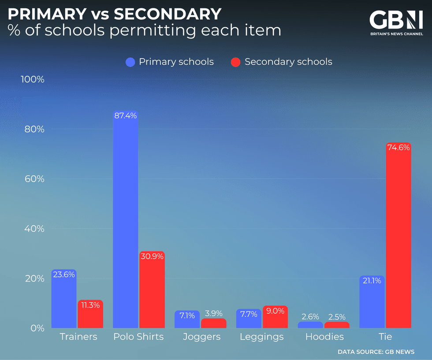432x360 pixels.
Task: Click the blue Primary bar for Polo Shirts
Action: (x=125, y=220)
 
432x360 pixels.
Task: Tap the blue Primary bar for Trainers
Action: (x=63, y=300)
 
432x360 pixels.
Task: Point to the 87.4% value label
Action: (x=125, y=116)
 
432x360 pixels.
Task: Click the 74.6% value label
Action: (x=398, y=148)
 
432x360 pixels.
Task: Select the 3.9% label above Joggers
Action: (x=213, y=314)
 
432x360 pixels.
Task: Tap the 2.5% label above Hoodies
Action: (x=337, y=317)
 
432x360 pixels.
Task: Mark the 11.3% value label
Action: (x=90, y=305)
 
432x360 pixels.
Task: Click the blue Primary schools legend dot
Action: (x=130, y=62)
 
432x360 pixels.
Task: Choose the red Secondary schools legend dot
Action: (x=236, y=62)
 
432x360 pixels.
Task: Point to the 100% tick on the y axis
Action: (x=33, y=80)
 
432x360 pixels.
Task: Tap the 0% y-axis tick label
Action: (x=37, y=328)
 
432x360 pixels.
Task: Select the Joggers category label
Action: (x=201, y=337)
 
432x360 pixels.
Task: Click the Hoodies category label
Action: (x=324, y=337)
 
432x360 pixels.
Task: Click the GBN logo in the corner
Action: (x=395, y=22)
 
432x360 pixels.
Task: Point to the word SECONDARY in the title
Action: (x=168, y=15)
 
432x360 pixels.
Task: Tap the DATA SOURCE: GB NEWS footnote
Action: (x=376, y=352)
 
